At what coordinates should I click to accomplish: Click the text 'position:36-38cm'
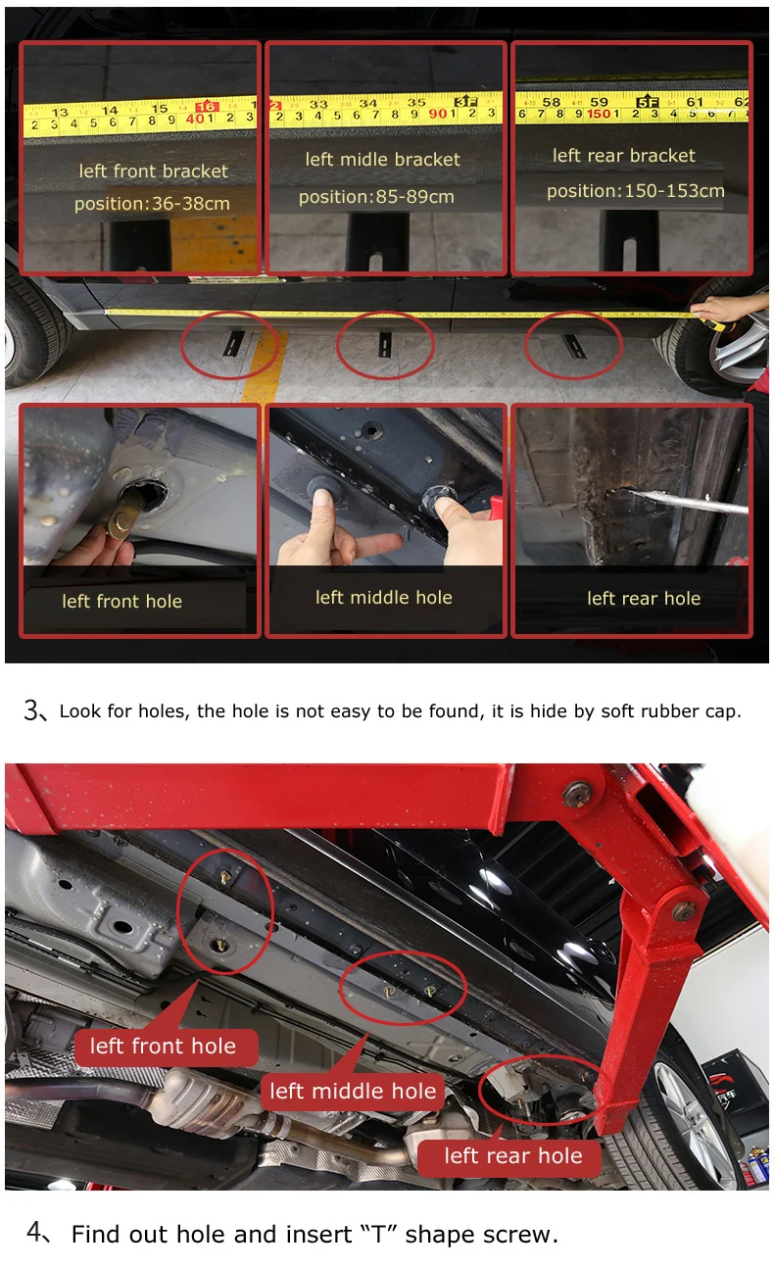pyautogui.click(x=152, y=204)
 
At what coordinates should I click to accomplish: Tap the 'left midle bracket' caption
pyautogui.click(x=382, y=160)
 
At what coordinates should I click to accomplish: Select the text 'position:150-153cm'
pyautogui.click(x=635, y=191)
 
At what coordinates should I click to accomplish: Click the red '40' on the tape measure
pyautogui.click(x=196, y=120)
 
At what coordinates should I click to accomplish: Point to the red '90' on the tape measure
pyautogui.click(x=437, y=114)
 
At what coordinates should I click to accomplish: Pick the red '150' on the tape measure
pyautogui.click(x=599, y=114)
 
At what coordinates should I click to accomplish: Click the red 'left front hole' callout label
pyautogui.click(x=166, y=1047)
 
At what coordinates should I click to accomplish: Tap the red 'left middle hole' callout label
pyautogui.click(x=353, y=1091)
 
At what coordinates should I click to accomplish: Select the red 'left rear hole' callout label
pyautogui.click(x=509, y=1155)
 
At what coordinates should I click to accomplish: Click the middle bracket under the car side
pyautogui.click(x=385, y=344)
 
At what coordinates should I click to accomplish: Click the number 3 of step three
pyautogui.click(x=31, y=709)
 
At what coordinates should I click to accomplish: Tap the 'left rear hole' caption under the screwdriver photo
pyautogui.click(x=644, y=599)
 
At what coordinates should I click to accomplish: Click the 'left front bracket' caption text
pyautogui.click(x=153, y=171)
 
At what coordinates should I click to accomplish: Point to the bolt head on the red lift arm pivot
pyautogui.click(x=576, y=793)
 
